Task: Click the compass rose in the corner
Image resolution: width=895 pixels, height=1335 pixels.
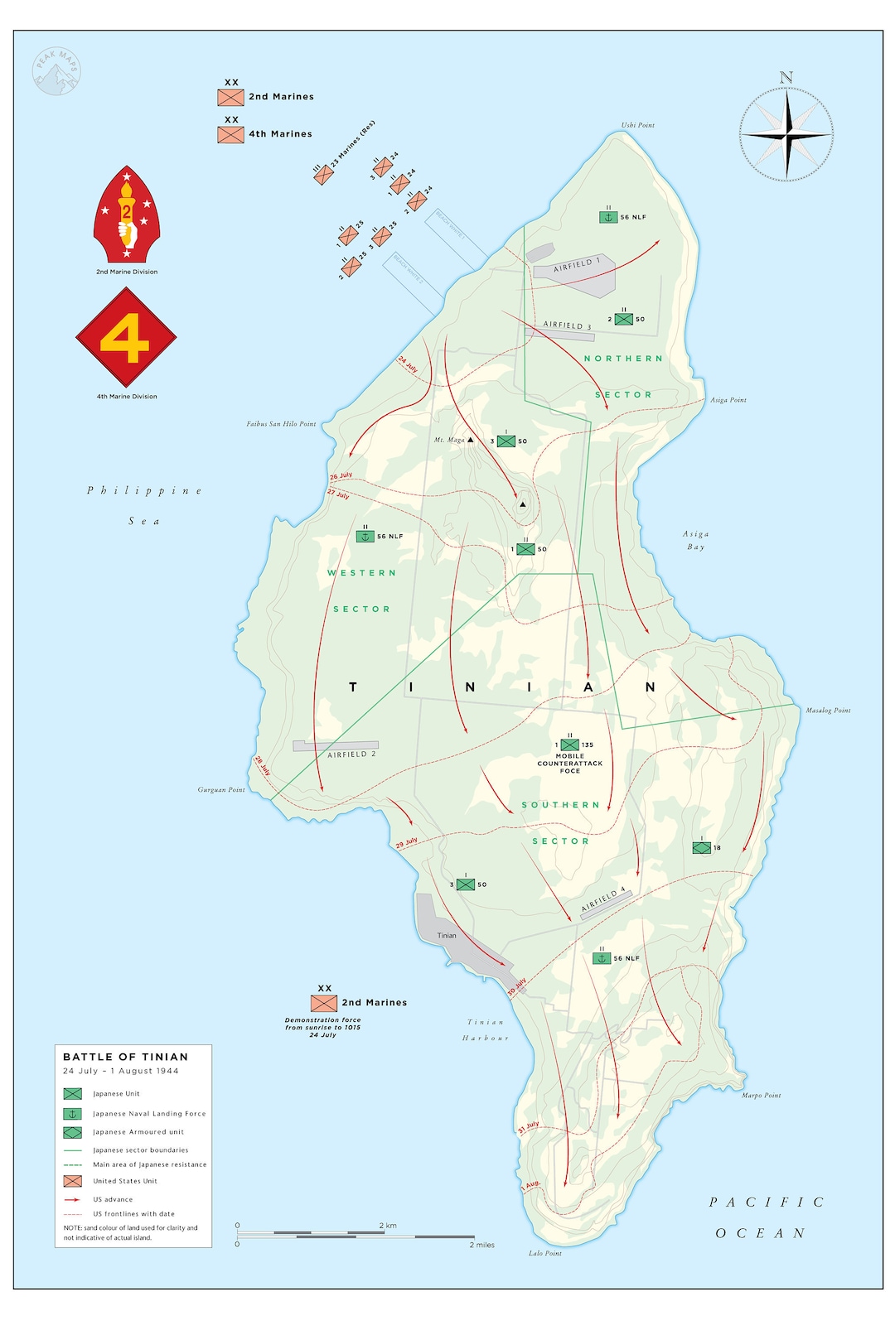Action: [786, 133]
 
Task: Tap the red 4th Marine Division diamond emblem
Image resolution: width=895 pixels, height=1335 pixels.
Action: [126, 337]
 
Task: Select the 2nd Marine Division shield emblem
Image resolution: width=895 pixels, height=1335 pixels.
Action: [126, 214]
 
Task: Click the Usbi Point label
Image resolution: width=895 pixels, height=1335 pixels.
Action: [637, 125]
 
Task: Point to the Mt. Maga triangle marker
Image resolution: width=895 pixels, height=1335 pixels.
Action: [470, 440]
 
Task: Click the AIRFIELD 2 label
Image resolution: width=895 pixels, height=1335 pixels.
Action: [351, 754]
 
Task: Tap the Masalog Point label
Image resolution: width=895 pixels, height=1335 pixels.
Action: [828, 711]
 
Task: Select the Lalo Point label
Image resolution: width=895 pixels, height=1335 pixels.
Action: [544, 1253]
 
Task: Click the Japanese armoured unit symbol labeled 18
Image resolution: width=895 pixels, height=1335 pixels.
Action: [702, 847]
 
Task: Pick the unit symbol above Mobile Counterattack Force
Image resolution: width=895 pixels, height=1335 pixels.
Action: [570, 745]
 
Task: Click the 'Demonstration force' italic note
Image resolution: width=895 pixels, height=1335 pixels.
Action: [322, 1027]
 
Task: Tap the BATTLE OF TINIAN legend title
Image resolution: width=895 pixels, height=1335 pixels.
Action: [125, 1057]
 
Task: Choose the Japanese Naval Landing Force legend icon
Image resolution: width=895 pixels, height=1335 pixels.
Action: [73, 1114]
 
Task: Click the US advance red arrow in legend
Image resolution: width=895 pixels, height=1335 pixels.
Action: [73, 1199]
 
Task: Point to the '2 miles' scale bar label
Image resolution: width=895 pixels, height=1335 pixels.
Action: [481, 1245]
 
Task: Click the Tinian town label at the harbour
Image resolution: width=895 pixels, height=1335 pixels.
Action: [447, 936]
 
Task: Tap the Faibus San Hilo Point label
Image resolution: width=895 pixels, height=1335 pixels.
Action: [281, 424]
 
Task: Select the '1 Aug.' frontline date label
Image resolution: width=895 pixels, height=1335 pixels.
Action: [531, 1184]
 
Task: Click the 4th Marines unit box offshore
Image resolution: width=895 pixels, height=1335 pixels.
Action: [231, 134]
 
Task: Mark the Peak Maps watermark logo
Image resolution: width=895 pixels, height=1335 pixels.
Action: [56, 71]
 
